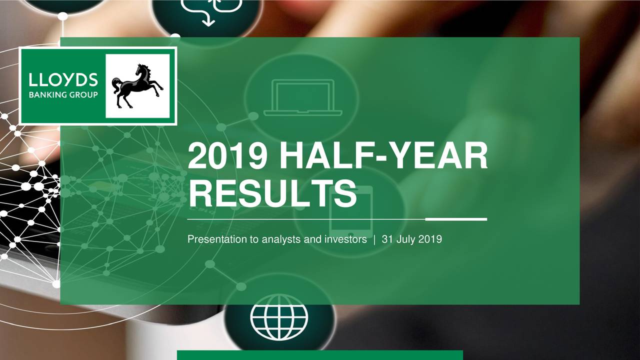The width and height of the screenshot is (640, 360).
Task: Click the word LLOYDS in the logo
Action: coord(63,80)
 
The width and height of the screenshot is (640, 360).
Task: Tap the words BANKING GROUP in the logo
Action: coord(63,95)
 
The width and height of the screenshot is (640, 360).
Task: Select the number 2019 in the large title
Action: coord(227,156)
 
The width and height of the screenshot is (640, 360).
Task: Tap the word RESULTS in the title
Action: coord(272,193)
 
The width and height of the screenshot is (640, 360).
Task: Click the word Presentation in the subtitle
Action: coord(217,239)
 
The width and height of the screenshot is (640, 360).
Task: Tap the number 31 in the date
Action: coord(387,239)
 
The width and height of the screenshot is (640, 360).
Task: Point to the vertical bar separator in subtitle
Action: coord(374,239)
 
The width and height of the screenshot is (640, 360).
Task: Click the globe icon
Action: coord(279,317)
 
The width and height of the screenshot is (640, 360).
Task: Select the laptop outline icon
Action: coord(303,97)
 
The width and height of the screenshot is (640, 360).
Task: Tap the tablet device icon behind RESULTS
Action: coord(351,212)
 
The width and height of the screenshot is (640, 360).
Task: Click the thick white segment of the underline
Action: coord(456,219)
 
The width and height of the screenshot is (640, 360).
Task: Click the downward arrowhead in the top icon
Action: coord(208,23)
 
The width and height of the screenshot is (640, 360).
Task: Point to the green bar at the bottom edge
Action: coord(319,355)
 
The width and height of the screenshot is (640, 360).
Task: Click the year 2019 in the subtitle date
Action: coord(430,239)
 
